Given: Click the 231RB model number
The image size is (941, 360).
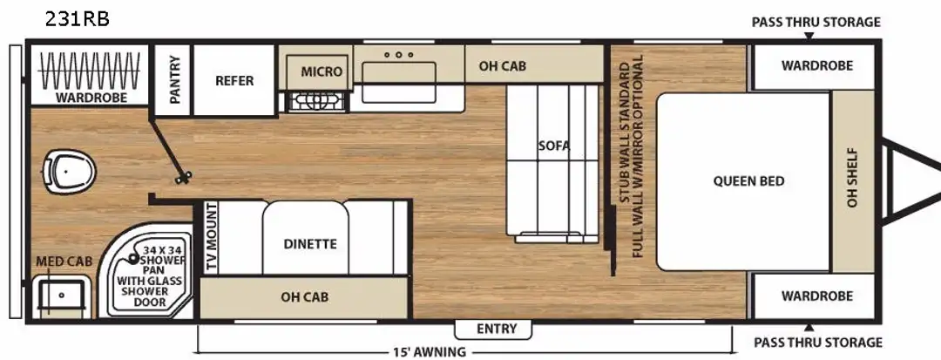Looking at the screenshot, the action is coord(77,20).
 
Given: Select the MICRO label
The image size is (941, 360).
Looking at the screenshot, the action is coord(322,71).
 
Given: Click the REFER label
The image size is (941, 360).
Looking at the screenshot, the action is coord(234,80).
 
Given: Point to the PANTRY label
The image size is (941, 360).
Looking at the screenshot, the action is coord(174,80).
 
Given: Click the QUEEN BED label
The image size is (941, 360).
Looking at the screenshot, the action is coord(748,180).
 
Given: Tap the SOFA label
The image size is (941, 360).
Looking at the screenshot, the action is coord(554,146).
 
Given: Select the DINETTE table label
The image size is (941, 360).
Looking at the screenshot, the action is coord(310,244).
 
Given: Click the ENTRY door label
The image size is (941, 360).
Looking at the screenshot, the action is coord(497,329).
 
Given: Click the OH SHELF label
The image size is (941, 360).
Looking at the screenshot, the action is coord(852,178).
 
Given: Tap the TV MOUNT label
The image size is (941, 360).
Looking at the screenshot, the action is coord(211,238).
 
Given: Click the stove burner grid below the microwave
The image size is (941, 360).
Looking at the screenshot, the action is coord(317,102).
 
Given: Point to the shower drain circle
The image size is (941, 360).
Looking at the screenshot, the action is coord(132,259).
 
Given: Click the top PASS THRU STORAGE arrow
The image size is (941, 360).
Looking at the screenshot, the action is coord(809,36).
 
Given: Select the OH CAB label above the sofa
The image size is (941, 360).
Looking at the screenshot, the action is coord(503,66).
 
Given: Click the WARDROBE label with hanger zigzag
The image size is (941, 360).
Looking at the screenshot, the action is coord(91,98).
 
